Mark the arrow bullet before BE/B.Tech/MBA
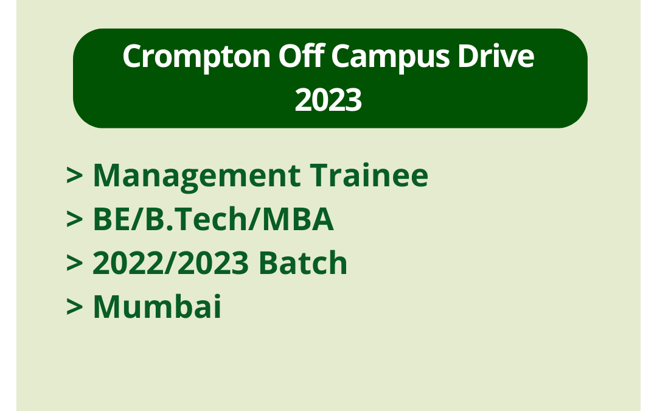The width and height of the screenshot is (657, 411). pyautogui.click(x=75, y=220)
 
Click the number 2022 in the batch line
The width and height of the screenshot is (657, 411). pyautogui.click(x=125, y=264)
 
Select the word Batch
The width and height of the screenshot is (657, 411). pyautogui.click(x=302, y=264)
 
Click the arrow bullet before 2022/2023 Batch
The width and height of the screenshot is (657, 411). pyautogui.click(x=75, y=264)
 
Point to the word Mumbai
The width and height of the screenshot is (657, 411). pyautogui.click(x=157, y=307)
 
